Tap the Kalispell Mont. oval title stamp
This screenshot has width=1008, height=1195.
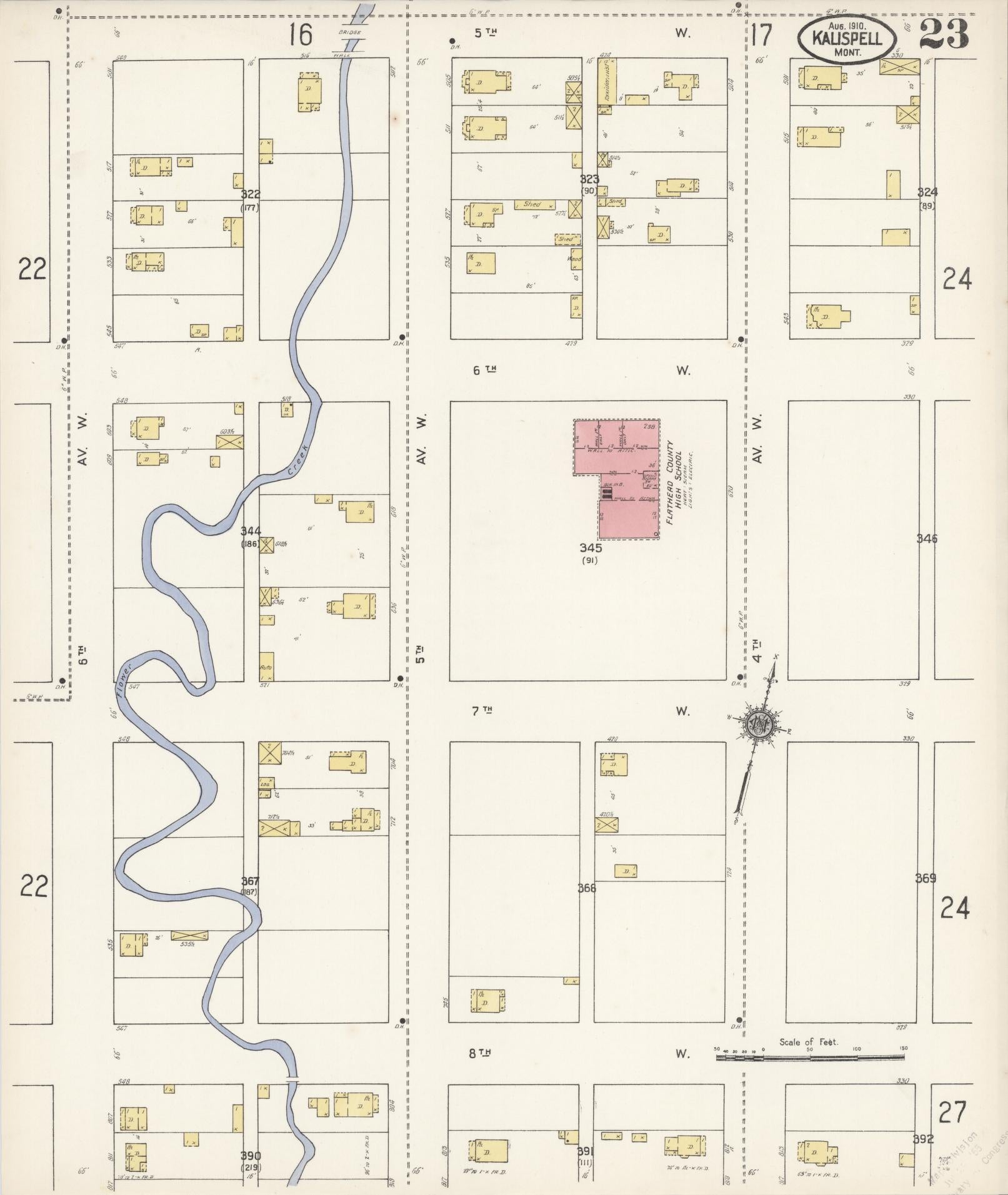847,38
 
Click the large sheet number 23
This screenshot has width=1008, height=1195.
944,34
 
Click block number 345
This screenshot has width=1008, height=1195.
590,548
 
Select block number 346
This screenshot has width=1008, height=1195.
927,538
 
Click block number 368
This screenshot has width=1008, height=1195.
587,888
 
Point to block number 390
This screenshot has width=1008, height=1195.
251,1156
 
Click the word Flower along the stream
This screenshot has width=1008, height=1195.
125,680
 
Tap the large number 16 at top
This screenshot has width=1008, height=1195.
300,35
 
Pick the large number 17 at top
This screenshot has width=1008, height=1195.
761,35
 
